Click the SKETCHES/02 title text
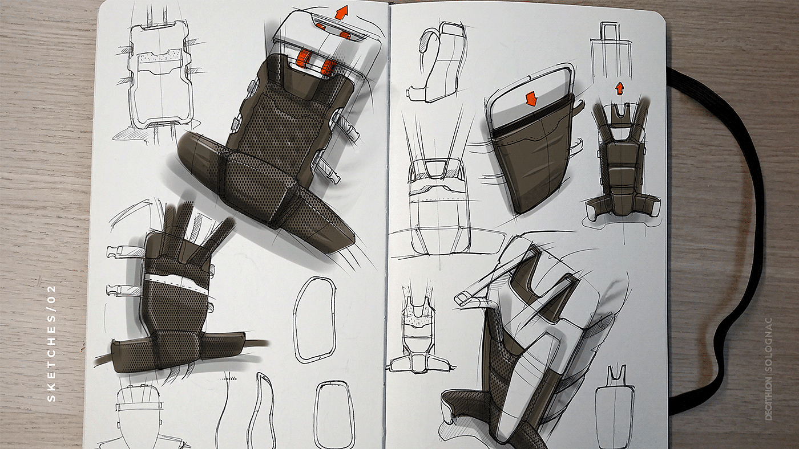[x=52, y=343]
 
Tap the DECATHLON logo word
[x=768, y=398]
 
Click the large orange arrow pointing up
[x=342, y=12]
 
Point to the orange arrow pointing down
[x=531, y=98]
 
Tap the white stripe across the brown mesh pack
[x=176, y=283]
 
